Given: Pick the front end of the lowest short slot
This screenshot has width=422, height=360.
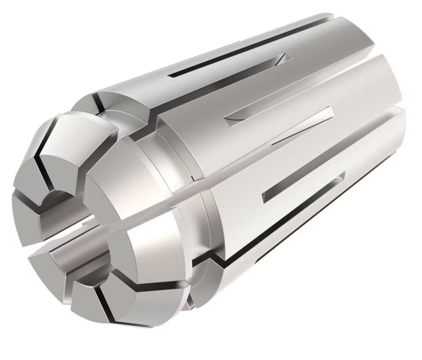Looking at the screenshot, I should [267, 195].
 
